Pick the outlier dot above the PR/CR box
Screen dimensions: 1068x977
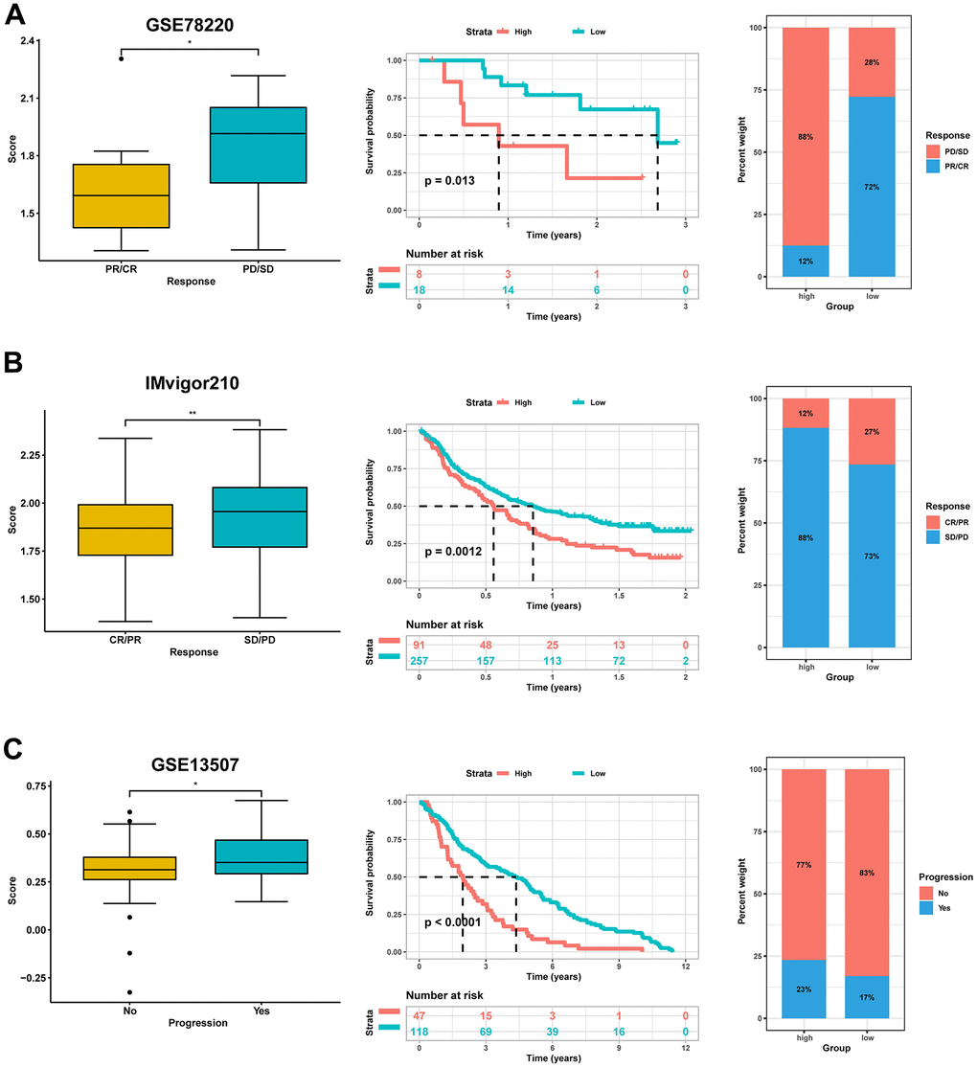[x=122, y=58]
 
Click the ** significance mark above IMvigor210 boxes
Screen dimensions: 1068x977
[x=192, y=414]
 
